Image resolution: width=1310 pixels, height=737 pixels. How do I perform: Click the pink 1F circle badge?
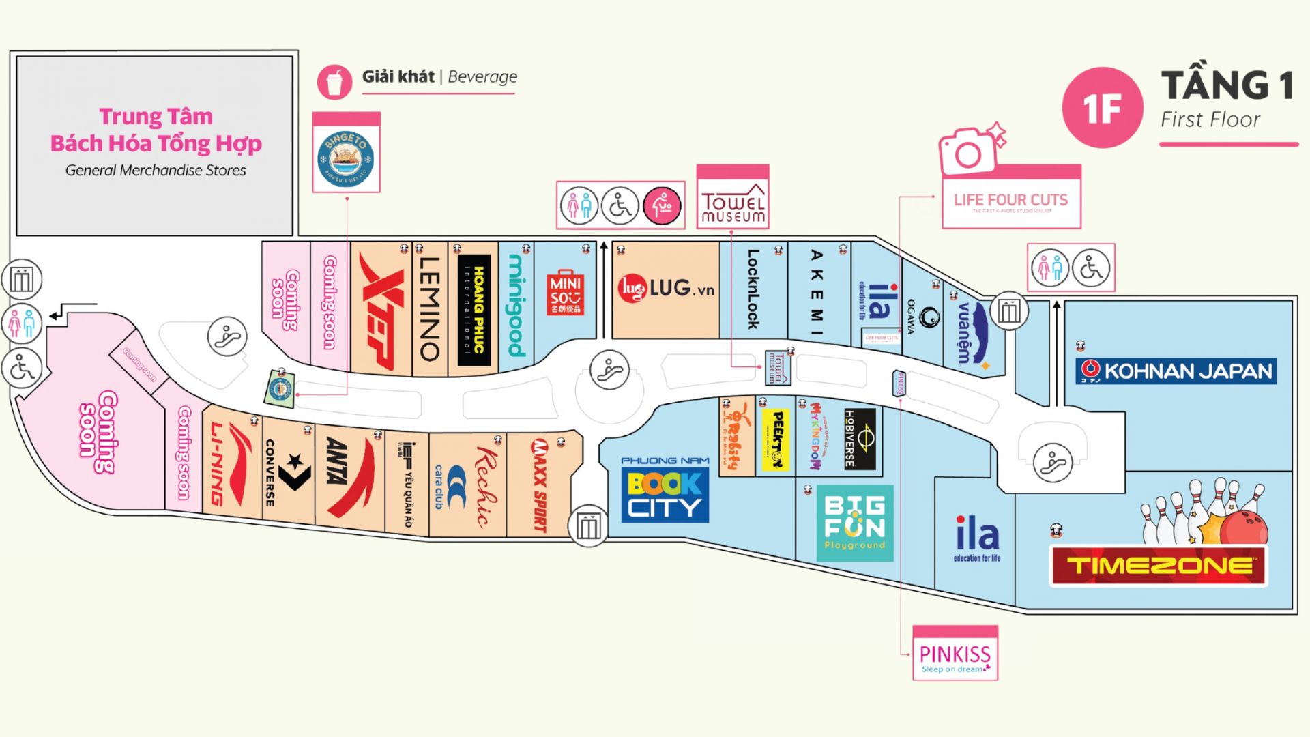click(x=1102, y=108)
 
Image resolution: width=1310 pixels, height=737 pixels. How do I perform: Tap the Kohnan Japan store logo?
click(x=1176, y=371)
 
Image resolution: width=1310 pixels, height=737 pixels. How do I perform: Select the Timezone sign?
click(x=1159, y=565)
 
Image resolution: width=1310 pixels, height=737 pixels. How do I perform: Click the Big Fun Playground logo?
click(x=854, y=523)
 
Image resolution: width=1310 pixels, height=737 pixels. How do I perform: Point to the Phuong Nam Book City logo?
click(x=665, y=491)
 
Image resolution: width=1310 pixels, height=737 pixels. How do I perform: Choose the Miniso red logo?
click(x=565, y=293)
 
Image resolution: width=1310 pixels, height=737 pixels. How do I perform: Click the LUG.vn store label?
click(x=666, y=289)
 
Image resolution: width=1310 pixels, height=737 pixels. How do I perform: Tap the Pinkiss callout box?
click(x=955, y=654)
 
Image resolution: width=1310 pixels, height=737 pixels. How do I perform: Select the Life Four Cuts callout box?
click(x=1011, y=198)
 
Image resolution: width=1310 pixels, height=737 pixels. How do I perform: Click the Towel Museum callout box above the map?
click(x=733, y=198)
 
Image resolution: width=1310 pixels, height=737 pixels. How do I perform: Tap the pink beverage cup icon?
click(x=334, y=82)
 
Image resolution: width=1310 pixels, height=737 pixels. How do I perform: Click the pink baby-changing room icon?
click(x=662, y=205)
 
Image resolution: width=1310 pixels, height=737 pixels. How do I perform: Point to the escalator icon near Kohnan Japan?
click(x=1053, y=462)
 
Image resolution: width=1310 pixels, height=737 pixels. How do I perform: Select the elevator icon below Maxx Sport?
click(x=588, y=525)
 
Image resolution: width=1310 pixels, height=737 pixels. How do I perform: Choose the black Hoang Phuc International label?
click(x=474, y=309)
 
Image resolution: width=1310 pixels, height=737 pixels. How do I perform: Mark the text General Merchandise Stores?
click(x=156, y=171)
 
